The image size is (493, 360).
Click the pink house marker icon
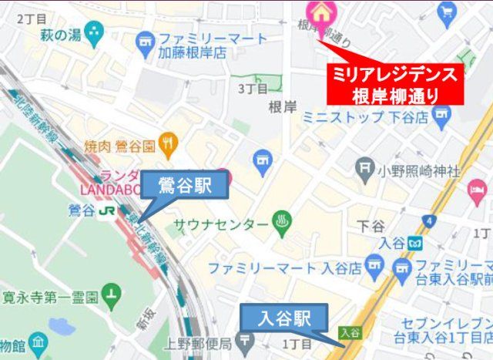317,12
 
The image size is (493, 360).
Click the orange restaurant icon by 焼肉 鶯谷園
169,143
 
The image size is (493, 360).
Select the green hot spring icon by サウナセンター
281,224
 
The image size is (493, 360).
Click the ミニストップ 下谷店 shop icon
441,116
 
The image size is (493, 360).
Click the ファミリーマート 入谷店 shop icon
374,268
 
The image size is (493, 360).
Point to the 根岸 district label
283,107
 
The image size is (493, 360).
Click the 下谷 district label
371,227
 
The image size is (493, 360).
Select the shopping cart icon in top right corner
446,12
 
